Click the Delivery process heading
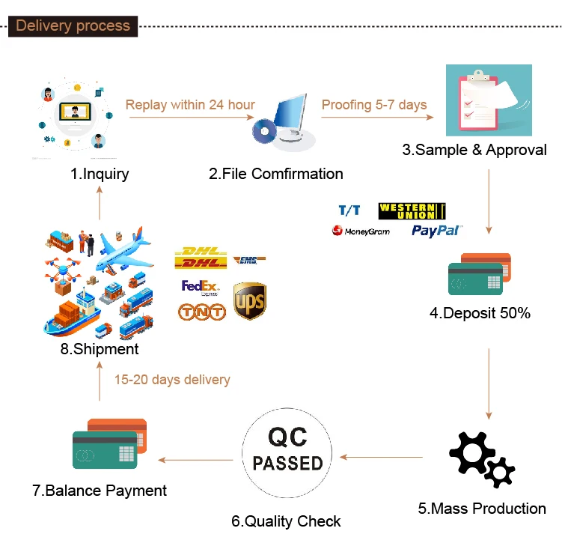coord(73,26)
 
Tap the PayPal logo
coord(436,230)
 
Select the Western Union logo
coord(412,210)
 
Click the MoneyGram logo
coord(361,231)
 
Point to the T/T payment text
coord(349,210)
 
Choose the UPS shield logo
coord(249,300)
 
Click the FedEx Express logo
coord(199,288)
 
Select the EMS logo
coord(249,260)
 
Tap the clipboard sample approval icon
coord(488,100)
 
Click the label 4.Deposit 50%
coord(480,313)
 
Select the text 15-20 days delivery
coord(172,380)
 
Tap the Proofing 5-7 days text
coord(374,105)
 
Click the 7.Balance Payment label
coord(100,491)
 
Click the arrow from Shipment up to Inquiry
coord(100,204)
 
